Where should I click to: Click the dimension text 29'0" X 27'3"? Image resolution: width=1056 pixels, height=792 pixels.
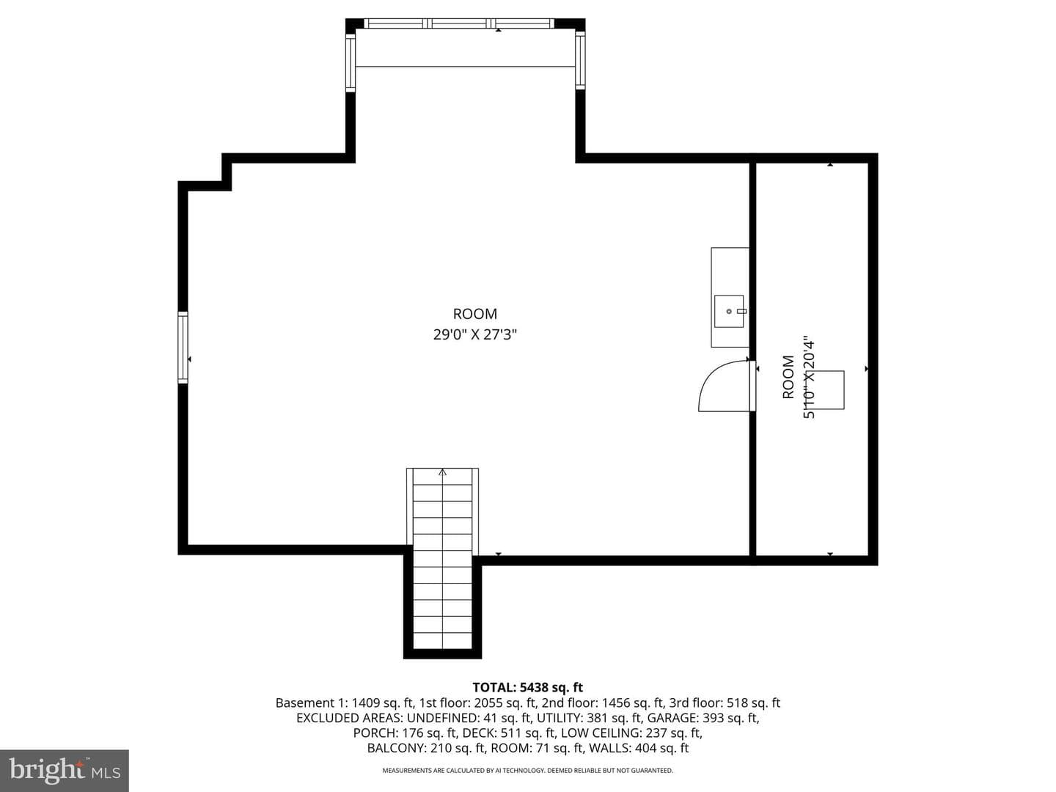click(x=475, y=334)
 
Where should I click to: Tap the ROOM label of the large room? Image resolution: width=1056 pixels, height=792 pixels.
click(x=475, y=314)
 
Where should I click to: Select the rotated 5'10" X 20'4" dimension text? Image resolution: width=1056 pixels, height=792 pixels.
click(x=809, y=378)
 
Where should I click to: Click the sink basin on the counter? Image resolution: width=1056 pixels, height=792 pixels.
click(x=729, y=311)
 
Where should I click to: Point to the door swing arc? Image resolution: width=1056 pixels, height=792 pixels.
click(x=711, y=378)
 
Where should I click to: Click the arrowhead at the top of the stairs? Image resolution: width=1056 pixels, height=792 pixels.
click(x=442, y=472)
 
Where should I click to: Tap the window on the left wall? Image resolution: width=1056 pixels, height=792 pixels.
click(x=183, y=347)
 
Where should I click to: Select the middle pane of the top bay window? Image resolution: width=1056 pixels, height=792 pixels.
click(x=458, y=23)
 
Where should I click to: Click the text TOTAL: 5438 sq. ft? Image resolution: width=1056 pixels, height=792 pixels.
click(x=528, y=687)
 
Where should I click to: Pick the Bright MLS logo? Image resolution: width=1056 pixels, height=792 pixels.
click(x=65, y=770)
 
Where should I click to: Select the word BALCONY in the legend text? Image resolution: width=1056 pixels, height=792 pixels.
click(x=397, y=748)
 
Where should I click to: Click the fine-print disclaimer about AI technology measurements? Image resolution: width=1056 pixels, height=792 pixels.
click(x=528, y=771)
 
